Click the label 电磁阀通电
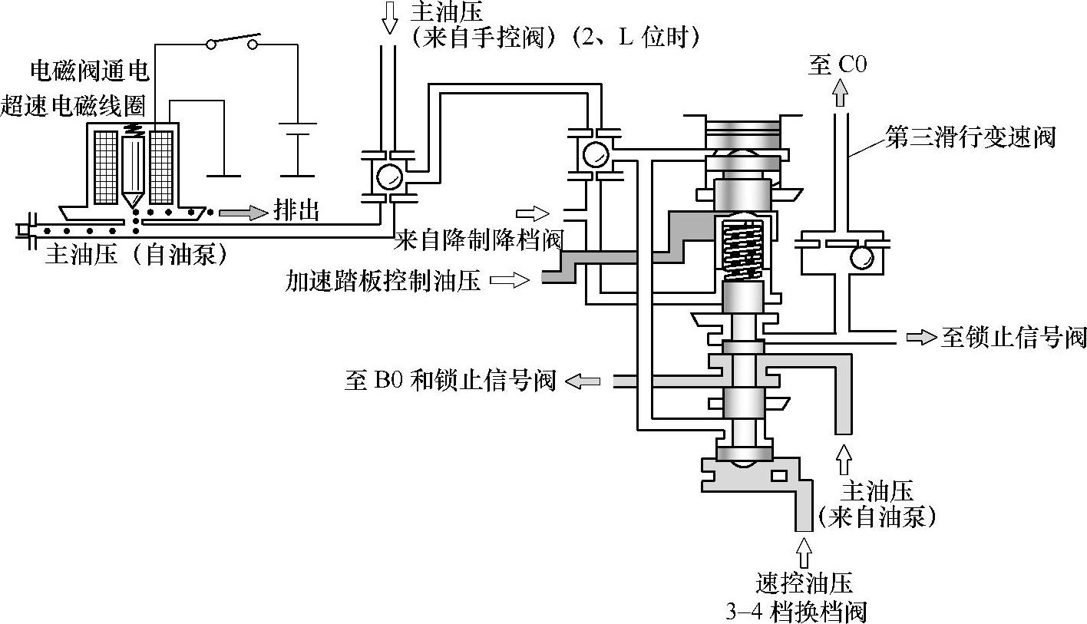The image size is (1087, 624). [89, 71]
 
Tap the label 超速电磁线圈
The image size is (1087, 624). [75, 107]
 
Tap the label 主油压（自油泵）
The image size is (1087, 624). [137, 254]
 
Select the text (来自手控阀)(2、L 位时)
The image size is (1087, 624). [555, 37]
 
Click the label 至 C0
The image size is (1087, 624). [838, 65]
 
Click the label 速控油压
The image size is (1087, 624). [804, 583]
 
